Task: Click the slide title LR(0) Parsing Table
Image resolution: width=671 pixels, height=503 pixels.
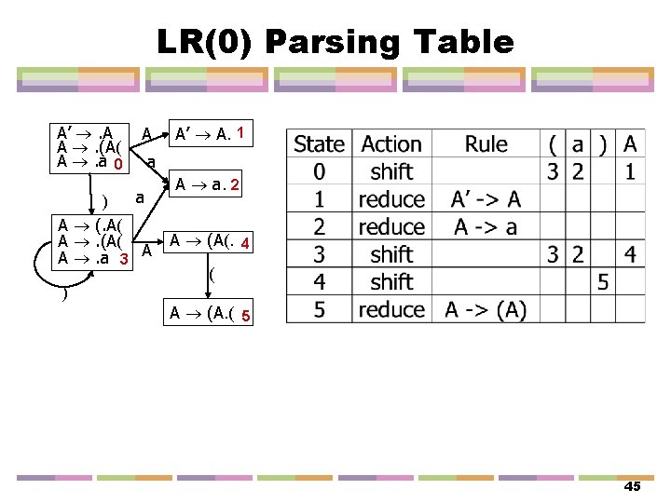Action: click(335, 42)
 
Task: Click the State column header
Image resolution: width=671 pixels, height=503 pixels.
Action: click(319, 144)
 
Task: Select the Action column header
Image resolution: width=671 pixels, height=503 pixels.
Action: click(391, 144)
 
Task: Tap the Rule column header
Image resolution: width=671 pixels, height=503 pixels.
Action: click(486, 144)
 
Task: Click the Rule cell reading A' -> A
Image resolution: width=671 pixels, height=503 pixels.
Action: click(486, 199)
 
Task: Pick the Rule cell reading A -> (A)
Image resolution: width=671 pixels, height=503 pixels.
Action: click(486, 309)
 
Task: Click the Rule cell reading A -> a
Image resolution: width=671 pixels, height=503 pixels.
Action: click(486, 226)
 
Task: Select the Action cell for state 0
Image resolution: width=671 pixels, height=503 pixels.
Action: click(391, 171)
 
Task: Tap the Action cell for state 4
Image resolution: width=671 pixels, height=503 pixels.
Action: click(391, 281)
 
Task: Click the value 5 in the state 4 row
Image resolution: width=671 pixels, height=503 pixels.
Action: click(603, 281)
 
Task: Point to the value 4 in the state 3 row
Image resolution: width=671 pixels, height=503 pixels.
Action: click(631, 254)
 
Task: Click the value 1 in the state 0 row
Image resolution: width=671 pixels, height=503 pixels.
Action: click(631, 171)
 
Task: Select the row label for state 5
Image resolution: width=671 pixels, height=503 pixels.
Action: click(319, 309)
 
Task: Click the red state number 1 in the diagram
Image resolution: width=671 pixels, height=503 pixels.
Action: click(241, 133)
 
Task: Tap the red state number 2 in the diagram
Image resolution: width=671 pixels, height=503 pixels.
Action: click(237, 186)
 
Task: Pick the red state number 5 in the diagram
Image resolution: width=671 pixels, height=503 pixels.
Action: click(244, 316)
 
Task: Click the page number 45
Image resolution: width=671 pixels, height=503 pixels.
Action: click(632, 487)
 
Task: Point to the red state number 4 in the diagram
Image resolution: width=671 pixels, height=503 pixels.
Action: click(244, 244)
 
